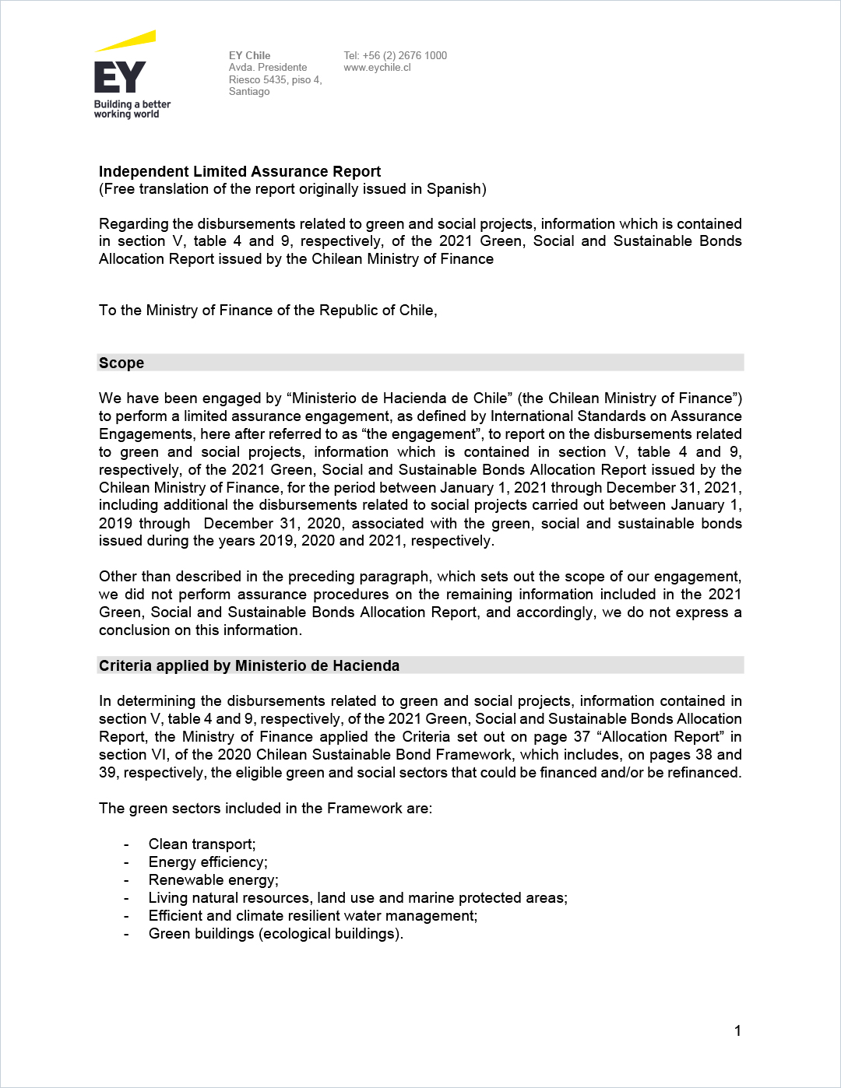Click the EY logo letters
click(120, 77)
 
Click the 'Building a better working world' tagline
click(132, 109)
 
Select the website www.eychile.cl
click(377, 68)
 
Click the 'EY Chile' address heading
click(249, 55)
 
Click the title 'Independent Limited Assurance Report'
click(240, 171)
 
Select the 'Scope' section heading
click(121, 363)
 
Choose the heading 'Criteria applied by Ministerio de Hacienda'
click(249, 665)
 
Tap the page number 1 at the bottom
click(737, 1031)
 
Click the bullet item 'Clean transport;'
click(202, 844)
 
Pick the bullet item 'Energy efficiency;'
click(208, 862)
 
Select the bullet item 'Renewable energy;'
click(213, 880)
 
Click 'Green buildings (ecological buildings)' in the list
click(276, 934)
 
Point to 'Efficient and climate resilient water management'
click(313, 916)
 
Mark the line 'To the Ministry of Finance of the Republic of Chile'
click(268, 311)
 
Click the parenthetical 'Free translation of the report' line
click(293, 189)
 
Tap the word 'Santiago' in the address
click(249, 92)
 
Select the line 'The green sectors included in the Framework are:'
click(266, 809)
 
